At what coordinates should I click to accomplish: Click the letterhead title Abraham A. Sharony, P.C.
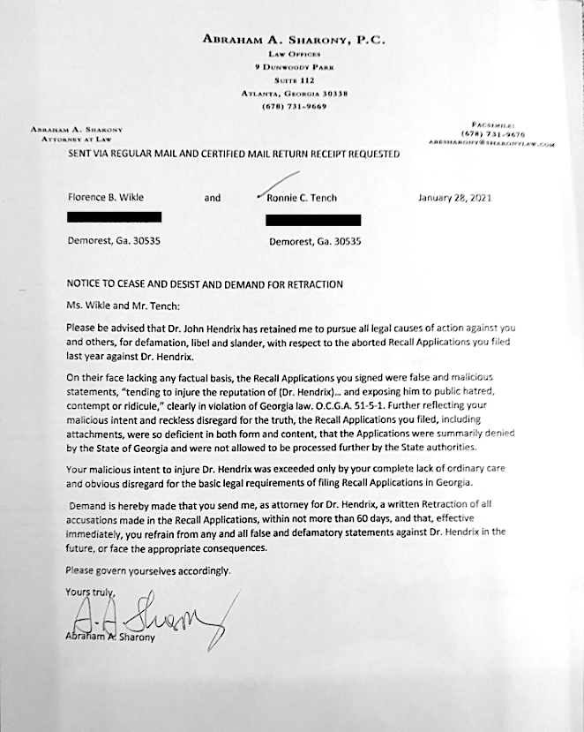pyautogui.click(x=294, y=40)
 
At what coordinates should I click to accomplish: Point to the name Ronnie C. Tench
pyautogui.click(x=301, y=198)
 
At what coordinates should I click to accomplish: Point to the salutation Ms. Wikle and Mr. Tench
pyautogui.click(x=122, y=305)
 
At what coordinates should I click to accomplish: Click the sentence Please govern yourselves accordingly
pyautogui.click(x=148, y=570)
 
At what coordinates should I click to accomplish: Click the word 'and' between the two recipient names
pyautogui.click(x=213, y=198)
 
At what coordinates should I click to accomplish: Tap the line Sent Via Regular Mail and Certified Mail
pyautogui.click(x=234, y=154)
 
